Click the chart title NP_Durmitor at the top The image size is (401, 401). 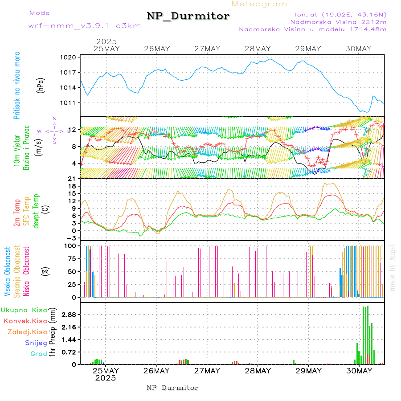pyautogui.click(x=188, y=16)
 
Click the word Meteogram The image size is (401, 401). pyautogui.click(x=260, y=4)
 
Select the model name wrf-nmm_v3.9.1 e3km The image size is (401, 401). pyautogui.click(x=85, y=26)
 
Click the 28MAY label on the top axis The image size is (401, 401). pyautogui.click(x=258, y=49)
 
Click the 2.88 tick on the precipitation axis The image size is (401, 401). pyautogui.click(x=69, y=315)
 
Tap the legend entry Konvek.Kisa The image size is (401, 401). pyautogui.click(x=25, y=321)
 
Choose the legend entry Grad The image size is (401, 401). pyautogui.click(x=38, y=354)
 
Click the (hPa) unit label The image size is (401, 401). pyautogui.click(x=41, y=85)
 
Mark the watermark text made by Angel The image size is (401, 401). pyautogui.click(x=393, y=267)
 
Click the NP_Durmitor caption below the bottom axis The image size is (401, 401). pyautogui.click(x=172, y=388)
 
